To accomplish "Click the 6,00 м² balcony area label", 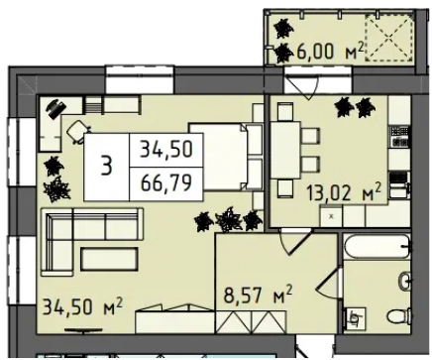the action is pyautogui.click(x=330, y=51).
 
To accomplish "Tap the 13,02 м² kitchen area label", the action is pyautogui.click(x=345, y=192).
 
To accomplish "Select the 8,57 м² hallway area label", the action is pyautogui.click(x=259, y=295).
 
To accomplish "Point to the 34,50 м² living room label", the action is pyautogui.click(x=83, y=306).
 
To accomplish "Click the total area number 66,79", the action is pyautogui.click(x=166, y=182).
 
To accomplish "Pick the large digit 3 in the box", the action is pyautogui.click(x=106, y=167).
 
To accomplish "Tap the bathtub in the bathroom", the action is pyautogui.click(x=378, y=246).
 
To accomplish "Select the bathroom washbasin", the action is pyautogui.click(x=404, y=281).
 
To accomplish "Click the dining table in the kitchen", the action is pyautogui.click(x=286, y=150).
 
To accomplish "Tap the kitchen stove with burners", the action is pyautogui.click(x=399, y=137).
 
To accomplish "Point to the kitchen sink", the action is pyautogui.click(x=399, y=184).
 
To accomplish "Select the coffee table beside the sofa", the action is pyautogui.click(x=109, y=258).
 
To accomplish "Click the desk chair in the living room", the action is pyautogui.click(x=78, y=132).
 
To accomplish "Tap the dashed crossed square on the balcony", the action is pyautogui.click(x=389, y=37).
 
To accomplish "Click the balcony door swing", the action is pyautogui.click(x=302, y=86).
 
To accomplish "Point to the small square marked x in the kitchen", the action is pyautogui.click(x=331, y=216).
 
